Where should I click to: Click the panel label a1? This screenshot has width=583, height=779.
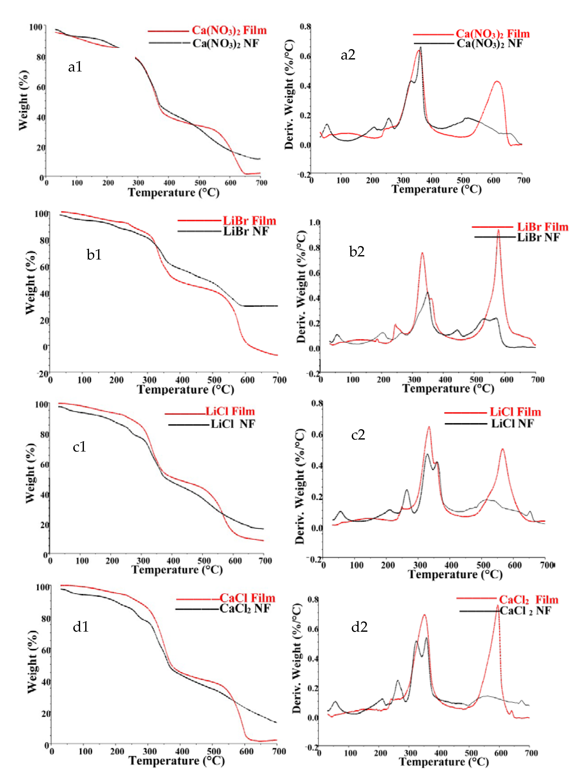pos(75,67)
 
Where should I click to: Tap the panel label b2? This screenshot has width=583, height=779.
pos(357,252)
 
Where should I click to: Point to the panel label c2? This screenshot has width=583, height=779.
pos(358,435)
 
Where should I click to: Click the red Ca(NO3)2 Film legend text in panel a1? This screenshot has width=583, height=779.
pos(229,31)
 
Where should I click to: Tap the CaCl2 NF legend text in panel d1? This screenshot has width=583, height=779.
pos(245,609)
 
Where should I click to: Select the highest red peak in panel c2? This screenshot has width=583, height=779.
pos(429,427)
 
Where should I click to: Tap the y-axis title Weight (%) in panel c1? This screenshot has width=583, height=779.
pos(31,473)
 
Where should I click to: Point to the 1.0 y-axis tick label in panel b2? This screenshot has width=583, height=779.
pos(314,222)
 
